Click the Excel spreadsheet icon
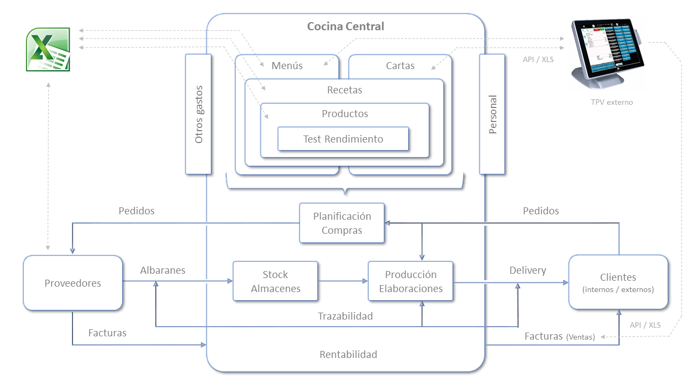48,49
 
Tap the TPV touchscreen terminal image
608,53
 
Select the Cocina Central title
345,26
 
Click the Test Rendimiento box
343,139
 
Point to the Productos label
345,113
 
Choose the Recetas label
344,90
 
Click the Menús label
287,65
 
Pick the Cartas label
400,65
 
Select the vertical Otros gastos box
198,114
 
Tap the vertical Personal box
492,114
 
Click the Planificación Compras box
342,223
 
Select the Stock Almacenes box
275,281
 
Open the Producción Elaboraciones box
410,281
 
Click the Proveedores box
73,283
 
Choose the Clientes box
618,282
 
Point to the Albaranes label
163,270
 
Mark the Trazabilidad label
345,316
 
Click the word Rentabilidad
348,354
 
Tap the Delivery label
528,270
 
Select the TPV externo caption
611,102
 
